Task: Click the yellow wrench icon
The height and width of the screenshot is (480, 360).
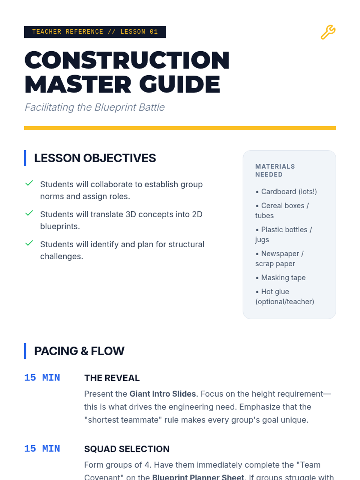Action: pyautogui.click(x=328, y=32)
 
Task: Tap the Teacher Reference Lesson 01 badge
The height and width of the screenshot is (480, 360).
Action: pyautogui.click(x=95, y=32)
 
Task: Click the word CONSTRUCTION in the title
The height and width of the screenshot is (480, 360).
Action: pyautogui.click(x=127, y=60)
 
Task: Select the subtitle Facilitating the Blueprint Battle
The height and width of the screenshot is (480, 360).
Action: pyautogui.click(x=94, y=107)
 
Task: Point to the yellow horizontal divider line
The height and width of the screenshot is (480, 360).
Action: pyautogui.click(x=180, y=128)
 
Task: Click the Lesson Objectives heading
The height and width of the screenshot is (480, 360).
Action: pyautogui.click(x=95, y=158)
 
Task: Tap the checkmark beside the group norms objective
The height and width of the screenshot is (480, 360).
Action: pyautogui.click(x=29, y=183)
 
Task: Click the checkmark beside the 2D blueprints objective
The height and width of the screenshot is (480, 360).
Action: pyautogui.click(x=29, y=213)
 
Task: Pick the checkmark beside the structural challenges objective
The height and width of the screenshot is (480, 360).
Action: pyautogui.click(x=29, y=243)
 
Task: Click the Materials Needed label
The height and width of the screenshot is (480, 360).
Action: pyautogui.click(x=275, y=170)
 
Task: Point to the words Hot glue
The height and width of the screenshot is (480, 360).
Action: pyautogui.click(x=275, y=292)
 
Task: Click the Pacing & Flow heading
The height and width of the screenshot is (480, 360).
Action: pyautogui.click(x=79, y=351)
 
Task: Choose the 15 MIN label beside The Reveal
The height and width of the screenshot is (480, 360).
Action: pyautogui.click(x=42, y=378)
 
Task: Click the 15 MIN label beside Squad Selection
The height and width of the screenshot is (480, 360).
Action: pyautogui.click(x=42, y=449)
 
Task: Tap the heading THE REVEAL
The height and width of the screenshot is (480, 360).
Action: pyautogui.click(x=112, y=378)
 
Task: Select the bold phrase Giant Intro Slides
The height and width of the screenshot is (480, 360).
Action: pyautogui.click(x=163, y=394)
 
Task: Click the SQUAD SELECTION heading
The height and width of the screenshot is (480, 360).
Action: pyautogui.click(x=127, y=449)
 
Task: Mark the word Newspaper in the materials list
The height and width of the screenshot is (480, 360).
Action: pyautogui.click(x=280, y=254)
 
